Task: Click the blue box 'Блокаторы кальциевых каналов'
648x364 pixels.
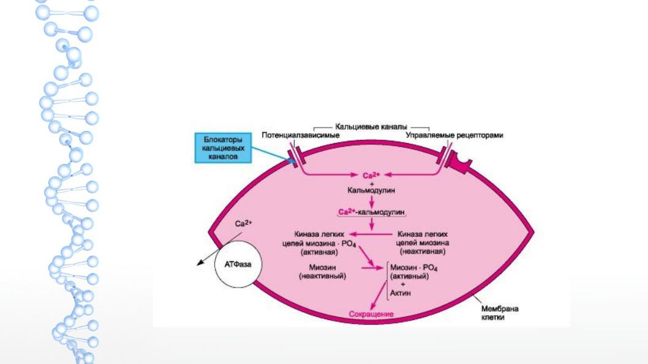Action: pos(223,148)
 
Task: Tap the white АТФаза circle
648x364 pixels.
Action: pos(238,264)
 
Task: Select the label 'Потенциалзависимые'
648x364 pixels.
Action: pos(301,135)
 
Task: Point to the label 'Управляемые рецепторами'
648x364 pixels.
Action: pos(454,135)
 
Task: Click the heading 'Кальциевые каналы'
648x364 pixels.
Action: pos(371,127)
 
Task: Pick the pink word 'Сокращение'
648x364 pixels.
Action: pos(371,314)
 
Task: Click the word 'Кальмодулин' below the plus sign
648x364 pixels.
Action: pos(371,190)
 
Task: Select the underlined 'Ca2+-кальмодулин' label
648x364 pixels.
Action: pos(372,212)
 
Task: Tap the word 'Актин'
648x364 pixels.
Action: pos(401,293)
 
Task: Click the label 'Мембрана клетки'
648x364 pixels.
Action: pos(500,313)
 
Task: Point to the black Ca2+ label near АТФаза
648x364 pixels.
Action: pos(243,224)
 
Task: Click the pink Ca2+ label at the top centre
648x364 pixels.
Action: pos(371,176)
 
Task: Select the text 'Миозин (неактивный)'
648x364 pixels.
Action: pos(322,272)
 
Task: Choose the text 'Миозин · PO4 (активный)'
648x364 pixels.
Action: pos(413,272)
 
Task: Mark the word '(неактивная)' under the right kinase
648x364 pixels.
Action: pos(423,251)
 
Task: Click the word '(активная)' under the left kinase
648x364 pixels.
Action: pos(320,252)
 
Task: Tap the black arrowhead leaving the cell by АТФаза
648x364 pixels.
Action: pos(200,262)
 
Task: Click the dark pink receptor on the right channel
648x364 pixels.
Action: pos(459,162)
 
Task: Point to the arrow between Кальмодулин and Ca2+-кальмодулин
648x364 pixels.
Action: pos(372,202)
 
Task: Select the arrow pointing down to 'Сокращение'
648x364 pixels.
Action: pos(379,296)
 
